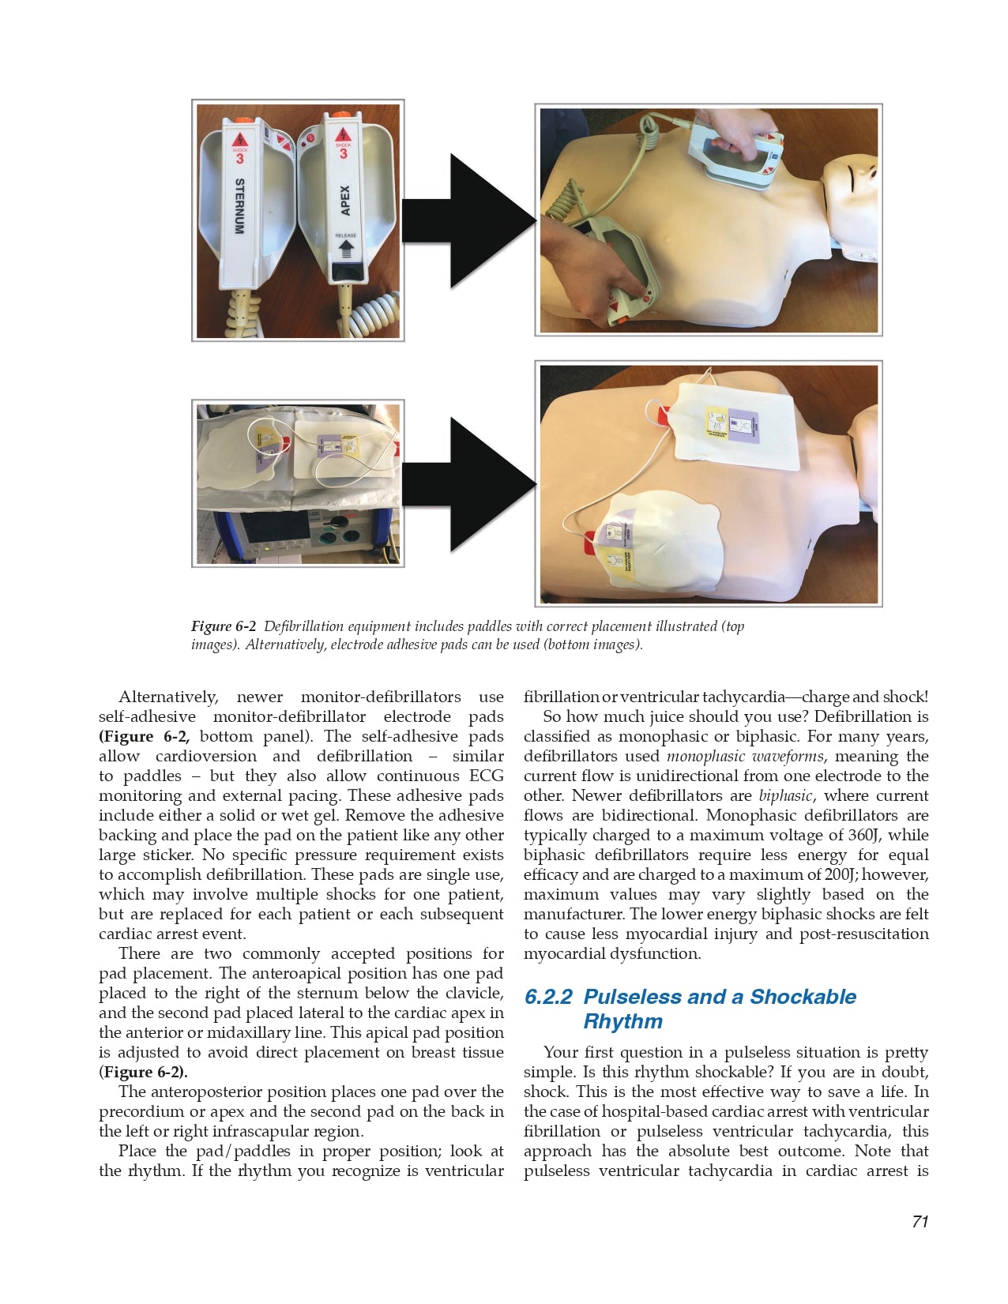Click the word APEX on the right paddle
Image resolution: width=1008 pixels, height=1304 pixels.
[x=345, y=201]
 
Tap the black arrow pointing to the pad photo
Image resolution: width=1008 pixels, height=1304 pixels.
[x=470, y=483]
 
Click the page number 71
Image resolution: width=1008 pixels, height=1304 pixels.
[x=920, y=1221]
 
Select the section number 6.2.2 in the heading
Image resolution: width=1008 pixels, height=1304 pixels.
[x=548, y=997]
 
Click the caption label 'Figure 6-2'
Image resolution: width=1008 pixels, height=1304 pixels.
[x=224, y=626]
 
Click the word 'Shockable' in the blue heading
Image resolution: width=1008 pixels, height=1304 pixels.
[x=803, y=997]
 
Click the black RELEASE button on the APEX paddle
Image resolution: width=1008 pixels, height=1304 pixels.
[x=345, y=271]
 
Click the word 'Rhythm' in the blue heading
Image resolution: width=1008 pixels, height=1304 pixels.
[x=622, y=1021]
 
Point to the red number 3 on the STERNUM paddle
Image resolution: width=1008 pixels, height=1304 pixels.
[x=240, y=158]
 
